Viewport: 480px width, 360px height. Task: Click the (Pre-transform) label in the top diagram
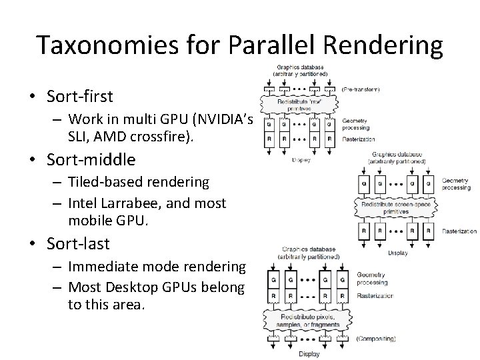[x=361, y=89]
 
